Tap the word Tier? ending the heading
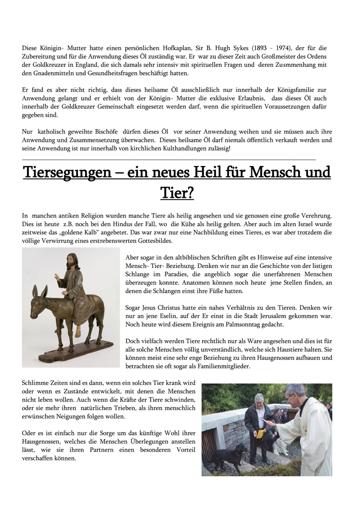click(177, 193)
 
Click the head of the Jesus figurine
click(72, 261)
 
